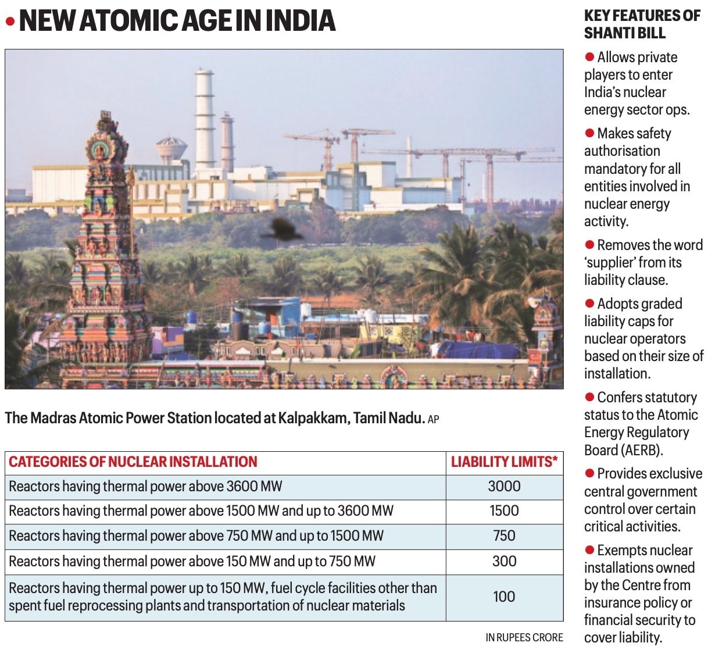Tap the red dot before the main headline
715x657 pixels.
(10, 22)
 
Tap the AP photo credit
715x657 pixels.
(433, 419)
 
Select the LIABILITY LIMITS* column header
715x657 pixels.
(504, 462)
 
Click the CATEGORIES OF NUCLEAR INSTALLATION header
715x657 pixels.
(133, 462)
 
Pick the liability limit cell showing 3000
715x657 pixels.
(504, 487)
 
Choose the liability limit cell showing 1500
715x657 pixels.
(504, 511)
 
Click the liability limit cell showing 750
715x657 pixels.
(504, 536)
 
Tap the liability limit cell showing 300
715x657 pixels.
(504, 561)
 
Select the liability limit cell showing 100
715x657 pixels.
(504, 597)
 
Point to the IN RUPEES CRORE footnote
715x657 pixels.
(524, 638)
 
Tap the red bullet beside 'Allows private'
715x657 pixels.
(589, 57)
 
